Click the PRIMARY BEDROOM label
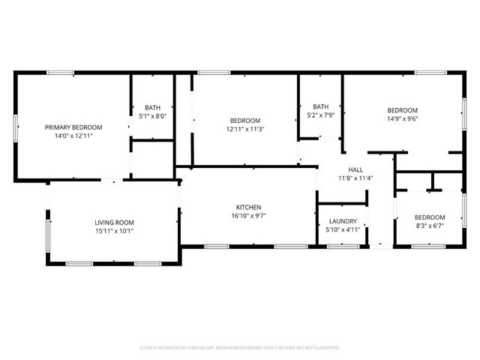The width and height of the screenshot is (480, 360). (73, 127)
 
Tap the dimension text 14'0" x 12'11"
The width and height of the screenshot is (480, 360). (73, 136)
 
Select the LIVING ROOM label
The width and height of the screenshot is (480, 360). (114, 222)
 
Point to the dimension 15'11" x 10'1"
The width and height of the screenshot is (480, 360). (114, 231)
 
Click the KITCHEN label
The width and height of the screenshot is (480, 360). (248, 207)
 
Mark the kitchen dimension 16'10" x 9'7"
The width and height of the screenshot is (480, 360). (248, 216)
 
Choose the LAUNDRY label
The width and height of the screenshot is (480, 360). (343, 221)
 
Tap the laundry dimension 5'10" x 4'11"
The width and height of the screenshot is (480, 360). (343, 230)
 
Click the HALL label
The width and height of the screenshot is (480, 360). (355, 169)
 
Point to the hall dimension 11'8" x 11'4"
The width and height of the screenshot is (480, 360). (355, 178)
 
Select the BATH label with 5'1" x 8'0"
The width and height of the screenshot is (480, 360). (152, 107)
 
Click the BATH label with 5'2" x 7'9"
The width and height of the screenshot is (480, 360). (321, 106)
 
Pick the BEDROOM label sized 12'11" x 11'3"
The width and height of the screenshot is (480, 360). (245, 121)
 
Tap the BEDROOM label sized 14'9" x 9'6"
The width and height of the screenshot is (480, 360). (402, 109)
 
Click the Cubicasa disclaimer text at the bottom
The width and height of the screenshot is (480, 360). (240, 348)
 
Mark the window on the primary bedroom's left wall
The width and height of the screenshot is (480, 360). (16, 127)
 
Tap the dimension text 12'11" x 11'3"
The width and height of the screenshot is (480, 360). (245, 129)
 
